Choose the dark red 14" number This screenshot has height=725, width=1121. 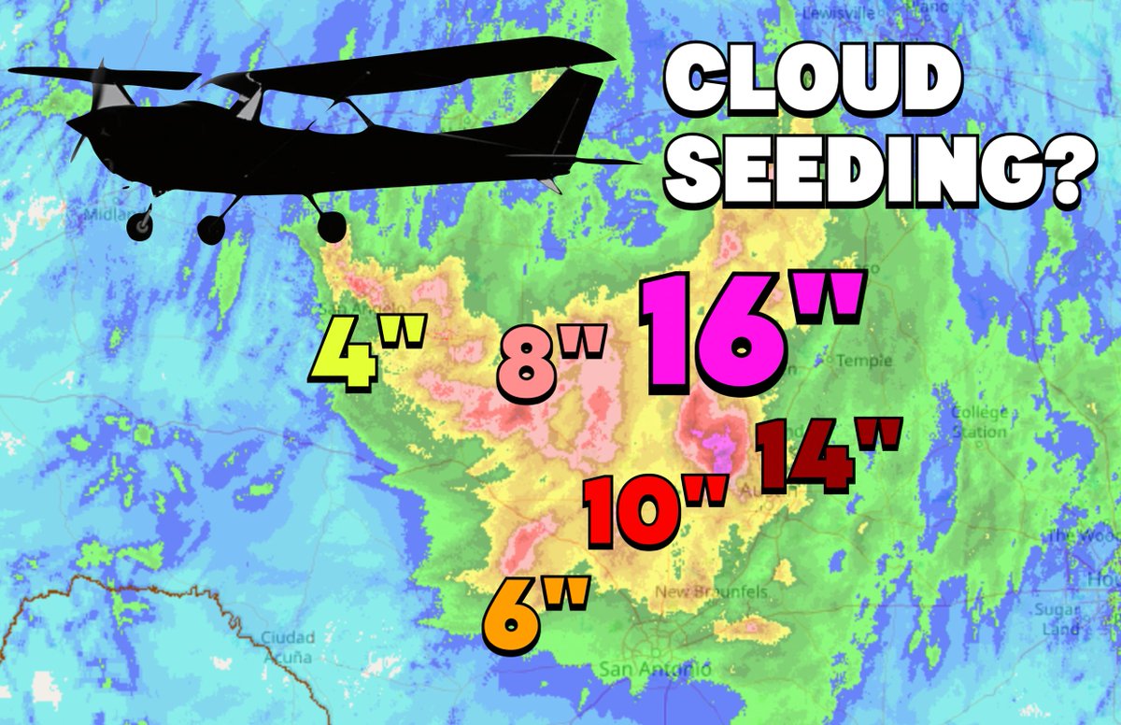click(826, 455)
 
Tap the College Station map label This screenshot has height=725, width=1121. click(978, 422)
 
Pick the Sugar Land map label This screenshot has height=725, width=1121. click(1057, 618)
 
